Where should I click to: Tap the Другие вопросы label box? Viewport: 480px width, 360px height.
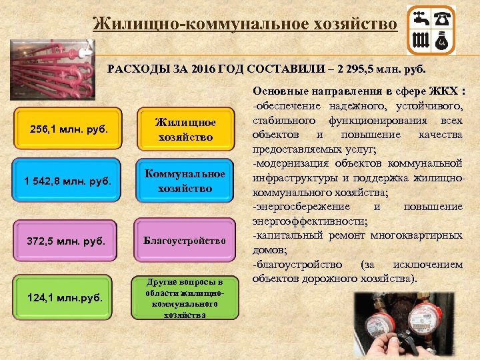(185, 297)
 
